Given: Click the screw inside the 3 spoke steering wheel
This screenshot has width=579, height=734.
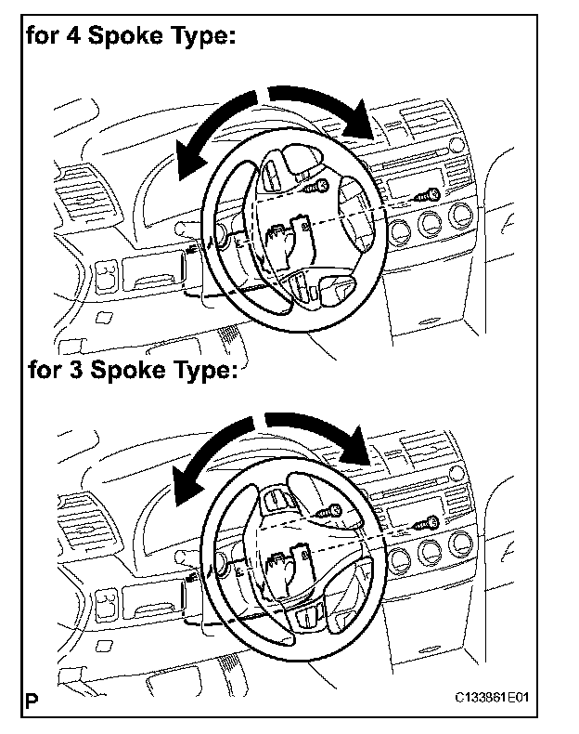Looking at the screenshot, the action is point(328,512).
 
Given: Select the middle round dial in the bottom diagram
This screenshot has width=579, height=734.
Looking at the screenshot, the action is point(430,551).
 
